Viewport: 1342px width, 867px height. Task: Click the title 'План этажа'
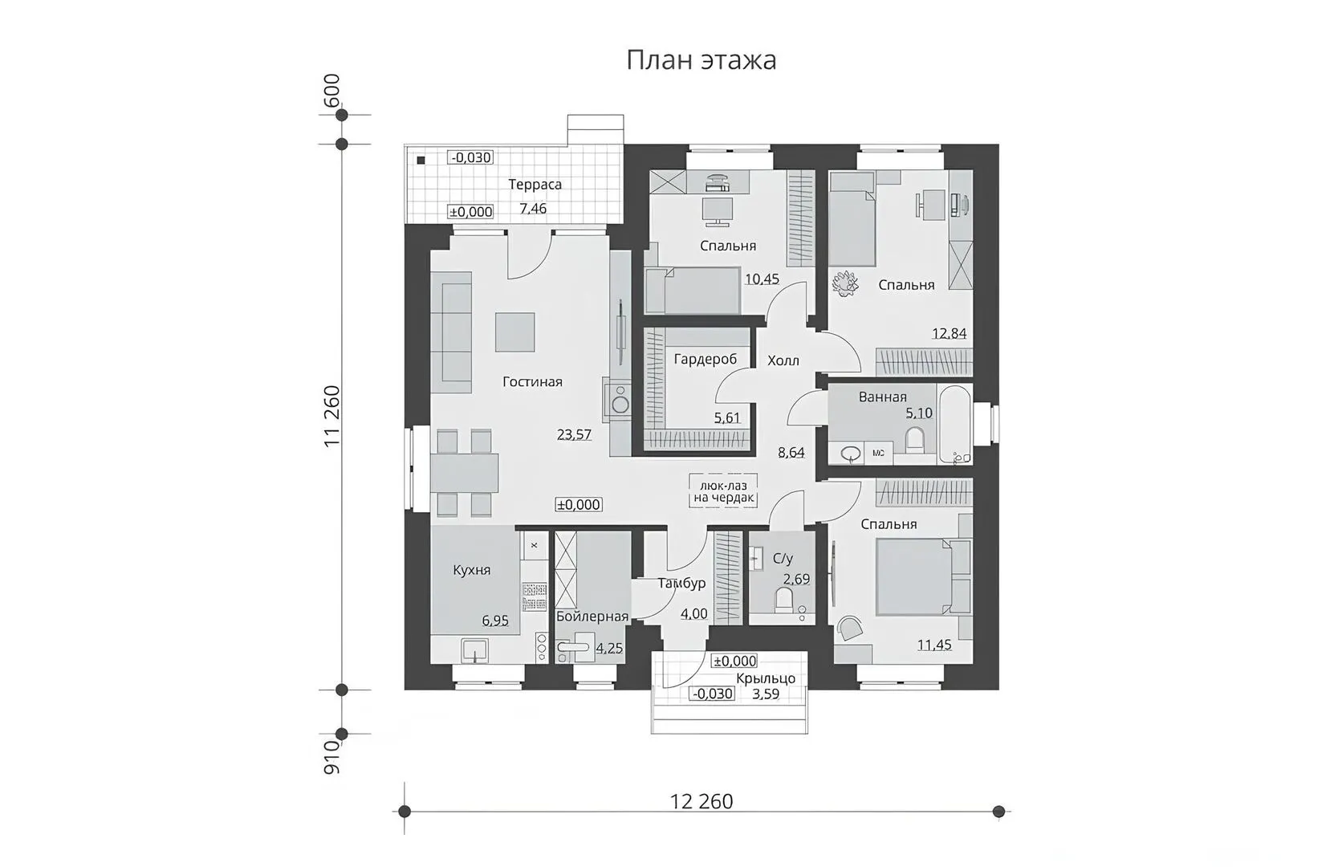click(x=701, y=61)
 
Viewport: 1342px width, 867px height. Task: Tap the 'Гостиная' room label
click(x=532, y=381)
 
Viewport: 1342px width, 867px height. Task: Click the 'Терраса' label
click(x=535, y=185)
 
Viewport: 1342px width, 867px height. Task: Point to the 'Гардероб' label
click(x=706, y=360)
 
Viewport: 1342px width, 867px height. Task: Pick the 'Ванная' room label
click(x=882, y=397)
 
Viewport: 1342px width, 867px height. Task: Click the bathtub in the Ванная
click(x=955, y=424)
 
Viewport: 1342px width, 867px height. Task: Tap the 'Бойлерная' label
click(x=592, y=617)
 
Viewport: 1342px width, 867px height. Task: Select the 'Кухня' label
click(x=471, y=570)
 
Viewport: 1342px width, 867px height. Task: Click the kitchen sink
click(x=474, y=650)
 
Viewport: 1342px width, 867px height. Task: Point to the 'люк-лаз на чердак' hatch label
click(x=723, y=491)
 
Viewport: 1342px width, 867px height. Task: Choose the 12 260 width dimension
click(x=701, y=801)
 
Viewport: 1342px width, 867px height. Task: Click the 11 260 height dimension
click(x=331, y=415)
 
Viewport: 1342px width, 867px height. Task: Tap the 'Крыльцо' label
click(x=766, y=678)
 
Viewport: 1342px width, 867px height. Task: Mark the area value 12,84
click(x=949, y=333)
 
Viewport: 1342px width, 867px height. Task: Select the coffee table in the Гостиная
click(x=514, y=332)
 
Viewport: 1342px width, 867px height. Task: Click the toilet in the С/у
click(x=783, y=600)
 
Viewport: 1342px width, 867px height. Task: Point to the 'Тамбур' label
click(x=681, y=583)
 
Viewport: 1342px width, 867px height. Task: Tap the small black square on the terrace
click(x=421, y=160)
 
